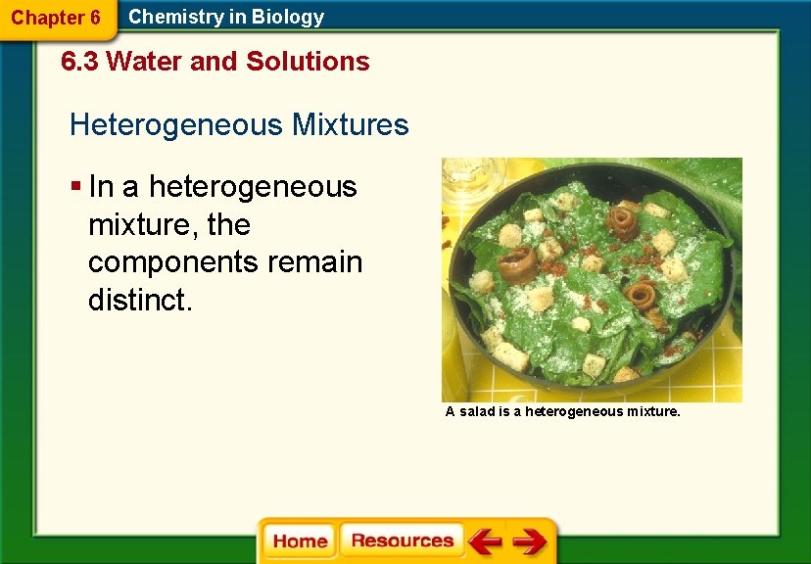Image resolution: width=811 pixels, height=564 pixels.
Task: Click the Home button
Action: (301, 541)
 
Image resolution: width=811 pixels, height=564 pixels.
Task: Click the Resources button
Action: (402, 540)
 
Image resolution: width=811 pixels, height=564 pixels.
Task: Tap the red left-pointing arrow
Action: (484, 541)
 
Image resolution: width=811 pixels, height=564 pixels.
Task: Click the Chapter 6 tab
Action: (56, 18)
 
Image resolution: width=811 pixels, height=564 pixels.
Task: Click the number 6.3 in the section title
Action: (80, 62)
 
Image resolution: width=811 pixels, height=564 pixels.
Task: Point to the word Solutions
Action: (308, 62)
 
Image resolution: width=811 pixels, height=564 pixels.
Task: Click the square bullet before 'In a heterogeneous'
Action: (75, 186)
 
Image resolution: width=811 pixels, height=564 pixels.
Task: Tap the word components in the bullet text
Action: (172, 263)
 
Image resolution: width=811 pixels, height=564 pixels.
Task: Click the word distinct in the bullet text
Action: (140, 301)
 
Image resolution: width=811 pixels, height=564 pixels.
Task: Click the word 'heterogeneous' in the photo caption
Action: (572, 412)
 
